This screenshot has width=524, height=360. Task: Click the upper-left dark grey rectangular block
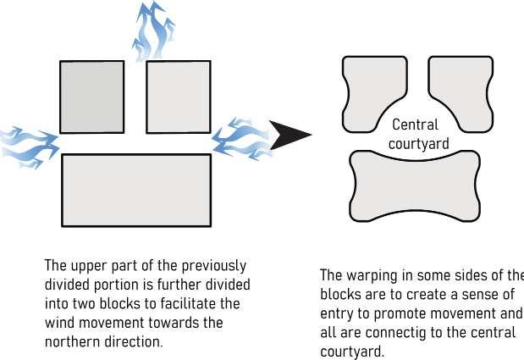click(x=91, y=97)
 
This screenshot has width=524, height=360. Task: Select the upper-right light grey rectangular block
click(x=178, y=97)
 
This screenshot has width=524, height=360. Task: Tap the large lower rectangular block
click(x=135, y=190)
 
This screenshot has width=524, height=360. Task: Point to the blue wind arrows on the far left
click(x=27, y=146)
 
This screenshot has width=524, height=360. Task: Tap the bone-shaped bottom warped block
click(x=415, y=186)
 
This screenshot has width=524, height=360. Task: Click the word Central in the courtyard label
click(x=415, y=125)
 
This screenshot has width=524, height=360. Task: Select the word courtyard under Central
click(x=418, y=143)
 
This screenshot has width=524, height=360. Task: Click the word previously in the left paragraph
click(x=216, y=265)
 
